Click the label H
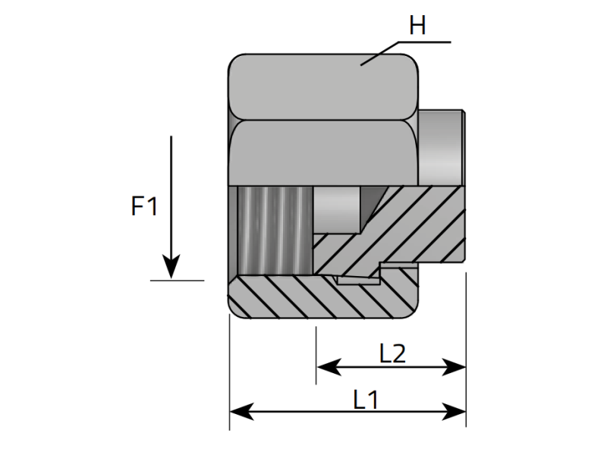[x=417, y=27]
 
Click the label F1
[x=144, y=206]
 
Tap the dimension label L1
[x=366, y=398]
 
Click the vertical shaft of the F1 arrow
[x=172, y=197]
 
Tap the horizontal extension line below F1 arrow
[x=177, y=281]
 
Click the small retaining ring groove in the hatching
[x=357, y=279]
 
